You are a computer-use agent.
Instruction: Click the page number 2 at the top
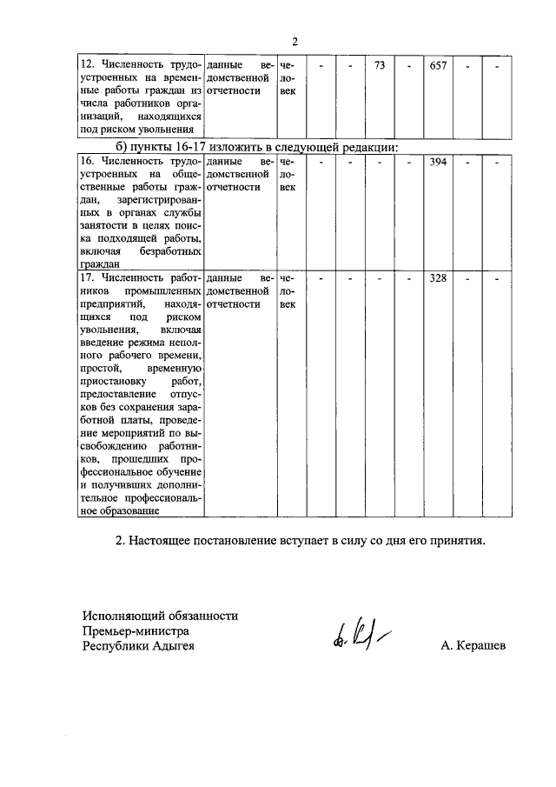[295, 41]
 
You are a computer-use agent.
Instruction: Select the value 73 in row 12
[379, 65]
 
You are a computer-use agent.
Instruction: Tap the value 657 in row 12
[439, 65]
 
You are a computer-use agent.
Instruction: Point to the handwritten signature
[359, 643]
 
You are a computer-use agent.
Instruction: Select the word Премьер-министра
[136, 630]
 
